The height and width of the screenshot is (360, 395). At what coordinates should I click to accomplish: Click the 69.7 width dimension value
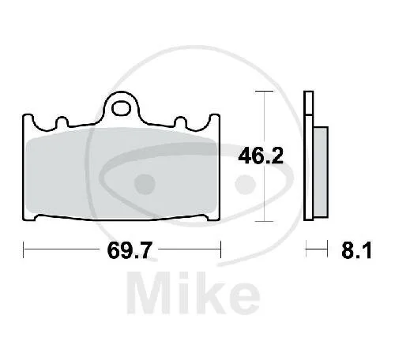[130, 250]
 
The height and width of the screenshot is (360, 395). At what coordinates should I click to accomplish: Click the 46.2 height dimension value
[261, 156]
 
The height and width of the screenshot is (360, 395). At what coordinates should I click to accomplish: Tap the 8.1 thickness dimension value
[356, 250]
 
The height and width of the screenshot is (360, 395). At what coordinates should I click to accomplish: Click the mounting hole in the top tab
[121, 109]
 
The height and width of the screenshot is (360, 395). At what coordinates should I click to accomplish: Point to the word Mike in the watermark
[194, 293]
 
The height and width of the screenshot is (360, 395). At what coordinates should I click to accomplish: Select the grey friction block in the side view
[321, 172]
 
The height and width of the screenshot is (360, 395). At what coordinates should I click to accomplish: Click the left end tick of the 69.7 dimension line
[24, 249]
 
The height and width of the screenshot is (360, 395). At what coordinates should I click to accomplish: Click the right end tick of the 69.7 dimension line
[220, 249]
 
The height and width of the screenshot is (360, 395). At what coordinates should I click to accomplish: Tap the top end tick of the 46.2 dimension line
[264, 91]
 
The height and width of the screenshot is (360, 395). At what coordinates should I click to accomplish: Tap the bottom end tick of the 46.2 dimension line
[264, 221]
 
